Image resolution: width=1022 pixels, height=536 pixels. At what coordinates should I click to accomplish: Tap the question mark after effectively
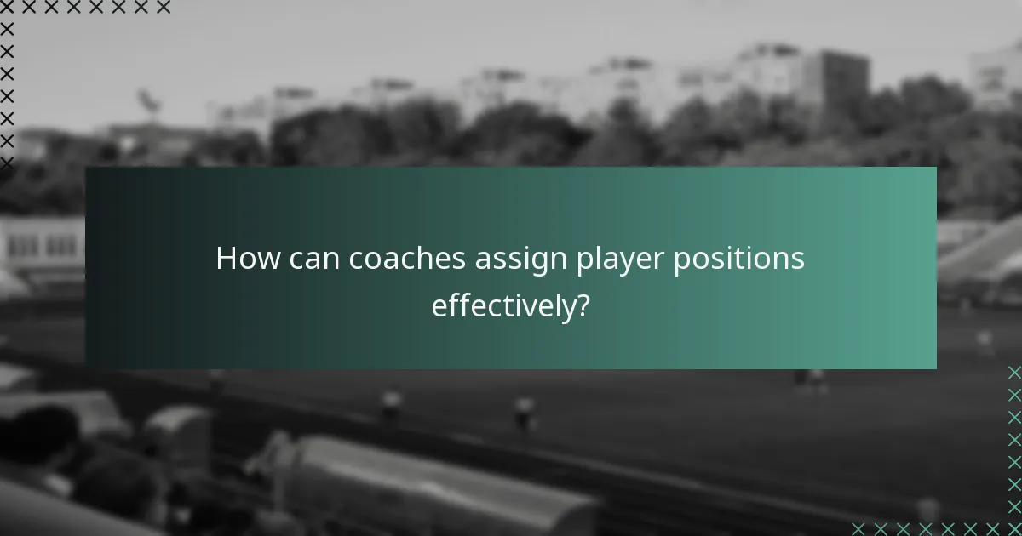[583, 305]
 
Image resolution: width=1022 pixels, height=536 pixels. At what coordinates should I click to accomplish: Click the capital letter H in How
[226, 259]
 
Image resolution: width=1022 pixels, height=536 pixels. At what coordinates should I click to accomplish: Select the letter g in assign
[534, 263]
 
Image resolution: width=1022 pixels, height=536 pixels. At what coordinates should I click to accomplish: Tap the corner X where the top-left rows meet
[7, 7]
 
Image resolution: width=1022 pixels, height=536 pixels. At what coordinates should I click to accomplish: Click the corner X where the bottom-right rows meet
[1014, 528]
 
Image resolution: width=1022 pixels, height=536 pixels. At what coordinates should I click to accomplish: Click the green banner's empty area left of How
[149, 268]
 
